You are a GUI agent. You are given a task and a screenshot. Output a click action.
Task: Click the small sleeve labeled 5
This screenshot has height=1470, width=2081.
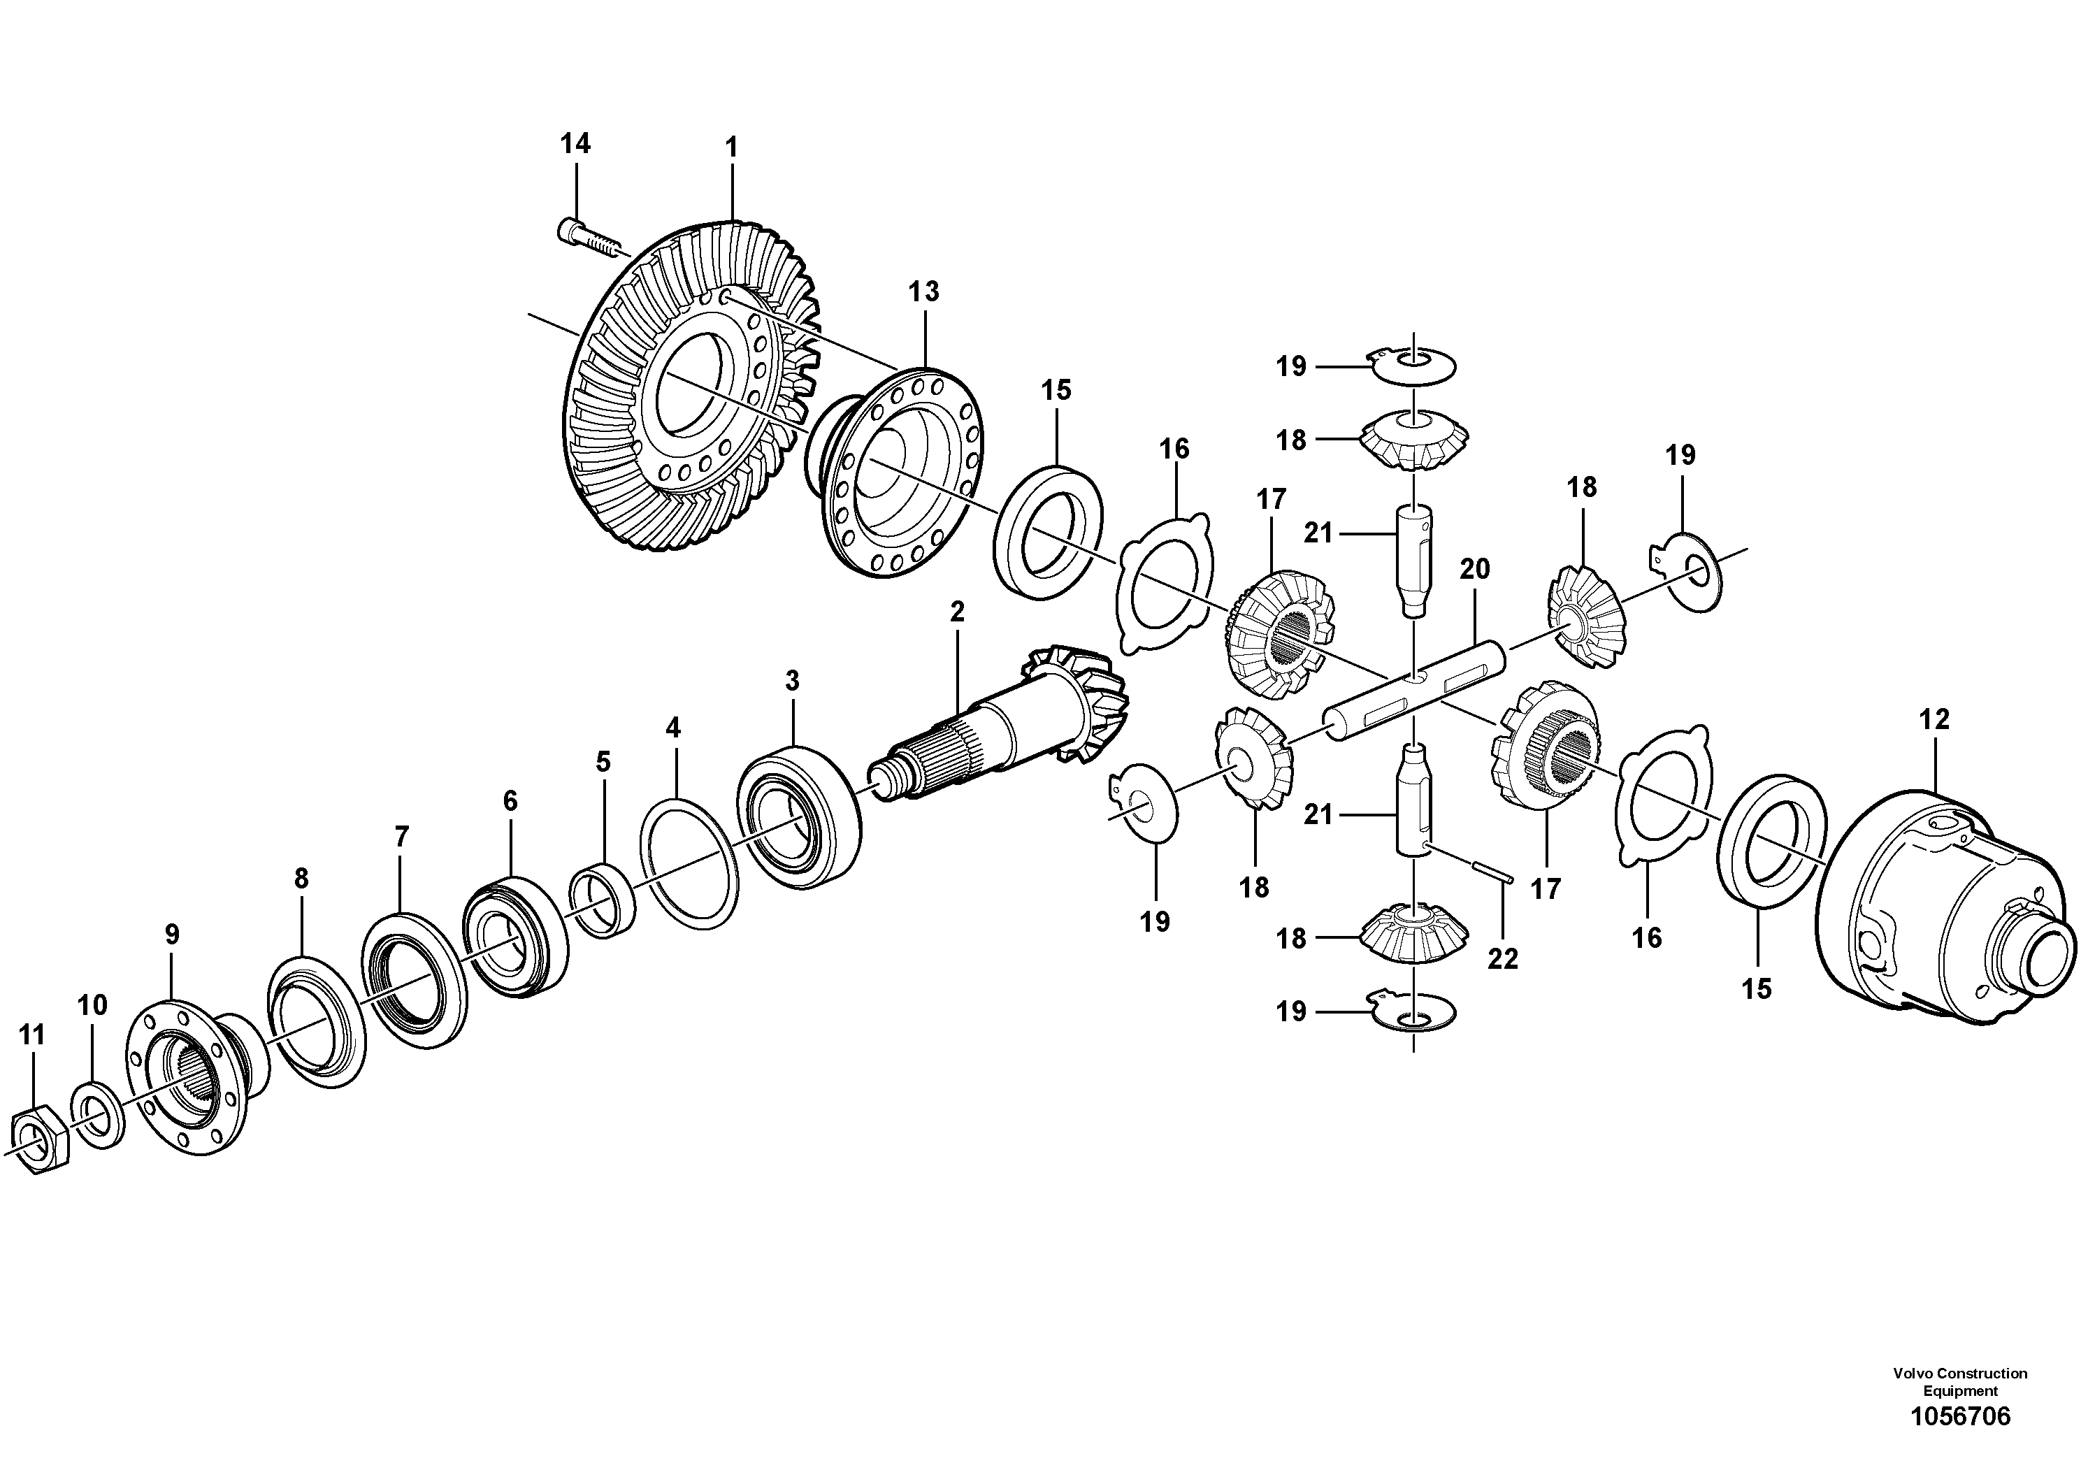pyautogui.click(x=602, y=902)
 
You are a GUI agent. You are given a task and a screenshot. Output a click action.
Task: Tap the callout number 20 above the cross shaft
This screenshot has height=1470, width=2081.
pyautogui.click(x=1475, y=569)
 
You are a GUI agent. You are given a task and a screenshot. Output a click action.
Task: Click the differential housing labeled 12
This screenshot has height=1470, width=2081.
pyautogui.click(x=1940, y=916)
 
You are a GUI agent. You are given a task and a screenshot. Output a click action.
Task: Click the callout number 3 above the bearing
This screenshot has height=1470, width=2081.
pyautogui.click(x=792, y=681)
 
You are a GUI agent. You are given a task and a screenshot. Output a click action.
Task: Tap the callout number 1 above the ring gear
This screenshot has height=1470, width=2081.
pyautogui.click(x=730, y=147)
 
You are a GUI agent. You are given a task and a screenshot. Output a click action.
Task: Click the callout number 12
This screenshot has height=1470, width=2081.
pyautogui.click(x=1934, y=719)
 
